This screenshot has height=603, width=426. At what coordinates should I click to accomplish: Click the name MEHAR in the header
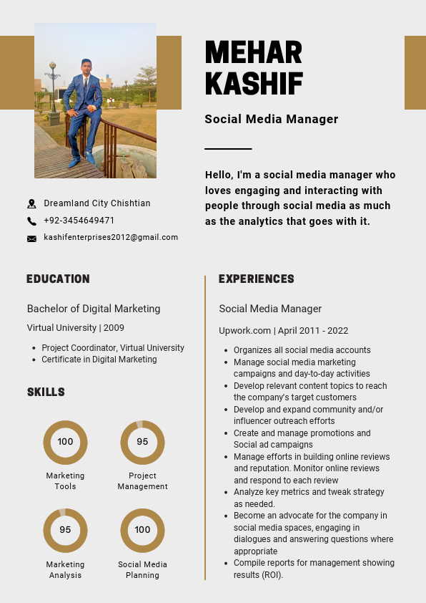click(253, 52)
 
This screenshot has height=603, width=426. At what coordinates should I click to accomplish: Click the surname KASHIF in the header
click(254, 84)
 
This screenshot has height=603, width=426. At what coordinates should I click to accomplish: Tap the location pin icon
click(31, 204)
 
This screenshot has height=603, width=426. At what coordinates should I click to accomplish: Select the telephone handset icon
click(31, 221)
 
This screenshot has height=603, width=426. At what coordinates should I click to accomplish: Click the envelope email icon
click(31, 238)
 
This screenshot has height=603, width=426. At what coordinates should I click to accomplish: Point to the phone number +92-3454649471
click(79, 221)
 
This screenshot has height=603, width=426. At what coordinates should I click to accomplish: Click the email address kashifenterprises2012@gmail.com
click(111, 237)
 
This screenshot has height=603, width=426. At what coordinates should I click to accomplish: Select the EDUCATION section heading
click(58, 279)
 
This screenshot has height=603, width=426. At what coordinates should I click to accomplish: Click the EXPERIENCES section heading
click(257, 279)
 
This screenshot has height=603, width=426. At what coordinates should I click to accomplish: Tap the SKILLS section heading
click(46, 392)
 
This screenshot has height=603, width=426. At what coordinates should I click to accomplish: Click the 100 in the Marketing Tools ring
click(65, 442)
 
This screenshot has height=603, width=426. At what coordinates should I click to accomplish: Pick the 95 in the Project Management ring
click(142, 442)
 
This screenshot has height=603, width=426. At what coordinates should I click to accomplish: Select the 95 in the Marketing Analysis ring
click(65, 530)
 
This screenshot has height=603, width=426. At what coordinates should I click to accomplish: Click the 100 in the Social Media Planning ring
click(142, 530)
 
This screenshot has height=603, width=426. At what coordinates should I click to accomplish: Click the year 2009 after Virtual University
click(114, 328)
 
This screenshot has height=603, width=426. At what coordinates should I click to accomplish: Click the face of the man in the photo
click(86, 65)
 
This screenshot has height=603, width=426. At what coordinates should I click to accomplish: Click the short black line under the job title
click(228, 149)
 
